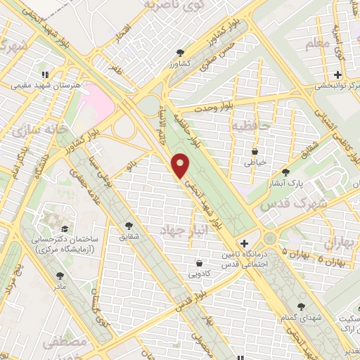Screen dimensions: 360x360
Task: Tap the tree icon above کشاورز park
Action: (x=181, y=52)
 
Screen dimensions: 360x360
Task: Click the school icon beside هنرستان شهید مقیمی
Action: (x=44, y=74)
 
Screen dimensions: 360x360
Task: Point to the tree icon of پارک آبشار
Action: (x=285, y=172)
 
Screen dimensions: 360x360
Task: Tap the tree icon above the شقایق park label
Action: (x=129, y=225)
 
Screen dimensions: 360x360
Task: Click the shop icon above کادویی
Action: (x=200, y=264)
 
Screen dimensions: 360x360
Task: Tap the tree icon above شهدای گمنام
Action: (x=302, y=307)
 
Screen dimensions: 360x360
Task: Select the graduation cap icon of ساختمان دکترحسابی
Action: (x=64, y=229)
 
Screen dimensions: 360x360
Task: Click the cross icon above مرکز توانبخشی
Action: (x=337, y=75)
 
